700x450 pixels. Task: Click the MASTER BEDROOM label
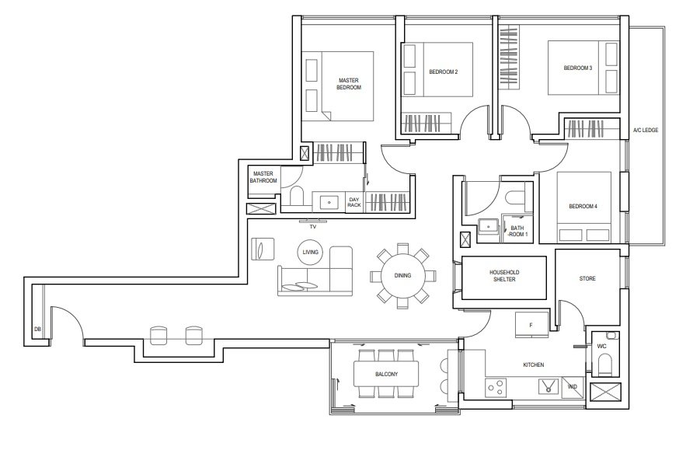[349, 84]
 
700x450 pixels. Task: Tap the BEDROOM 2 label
[444, 72]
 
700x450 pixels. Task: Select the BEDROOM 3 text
[578, 68]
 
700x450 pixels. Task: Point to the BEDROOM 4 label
[583, 206]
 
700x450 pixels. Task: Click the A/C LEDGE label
[646, 131]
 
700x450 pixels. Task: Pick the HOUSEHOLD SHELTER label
[504, 276]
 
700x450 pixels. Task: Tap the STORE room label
[587, 278]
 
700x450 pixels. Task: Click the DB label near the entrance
[37, 330]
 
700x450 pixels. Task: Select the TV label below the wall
[313, 227]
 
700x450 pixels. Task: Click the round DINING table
[402, 275]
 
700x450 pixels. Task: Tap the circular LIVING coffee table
[310, 253]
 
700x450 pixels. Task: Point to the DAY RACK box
[354, 202]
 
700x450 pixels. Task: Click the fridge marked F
[531, 325]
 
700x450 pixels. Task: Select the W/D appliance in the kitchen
[573, 387]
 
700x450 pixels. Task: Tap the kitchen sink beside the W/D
[549, 386]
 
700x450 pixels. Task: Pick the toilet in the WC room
[605, 364]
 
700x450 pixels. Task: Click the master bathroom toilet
[297, 197]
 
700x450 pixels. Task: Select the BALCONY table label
[387, 374]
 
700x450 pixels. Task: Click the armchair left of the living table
[263, 249]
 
